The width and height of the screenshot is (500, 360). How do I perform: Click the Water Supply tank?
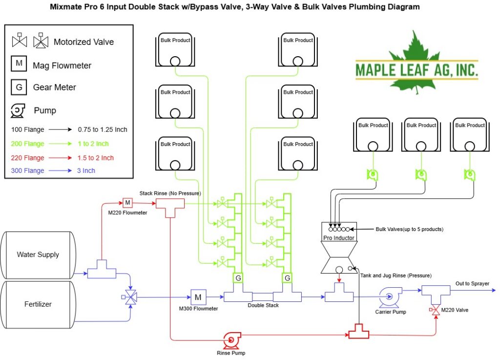(x=38, y=255)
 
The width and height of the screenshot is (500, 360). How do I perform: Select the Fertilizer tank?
(x=38, y=304)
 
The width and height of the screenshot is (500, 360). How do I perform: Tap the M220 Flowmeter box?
(x=127, y=203)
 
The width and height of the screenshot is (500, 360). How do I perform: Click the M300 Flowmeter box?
(x=198, y=297)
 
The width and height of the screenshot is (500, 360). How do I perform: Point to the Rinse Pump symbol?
(x=231, y=340)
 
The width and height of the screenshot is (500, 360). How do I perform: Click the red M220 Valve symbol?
(x=435, y=310)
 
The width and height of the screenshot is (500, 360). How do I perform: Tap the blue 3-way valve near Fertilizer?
(x=130, y=297)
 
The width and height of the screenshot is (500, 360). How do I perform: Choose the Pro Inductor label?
(x=339, y=238)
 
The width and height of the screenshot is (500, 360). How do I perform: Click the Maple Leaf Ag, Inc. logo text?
(x=417, y=70)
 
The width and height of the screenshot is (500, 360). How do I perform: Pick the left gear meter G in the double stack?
(x=238, y=278)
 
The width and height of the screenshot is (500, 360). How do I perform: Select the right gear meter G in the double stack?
(x=287, y=278)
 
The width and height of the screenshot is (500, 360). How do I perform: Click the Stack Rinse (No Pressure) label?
(x=170, y=193)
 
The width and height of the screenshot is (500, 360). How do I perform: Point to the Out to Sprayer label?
(x=472, y=283)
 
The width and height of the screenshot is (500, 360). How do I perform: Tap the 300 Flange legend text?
(x=28, y=170)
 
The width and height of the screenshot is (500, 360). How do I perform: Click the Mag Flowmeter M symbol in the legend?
(x=19, y=64)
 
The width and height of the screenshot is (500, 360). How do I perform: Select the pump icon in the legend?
(x=18, y=110)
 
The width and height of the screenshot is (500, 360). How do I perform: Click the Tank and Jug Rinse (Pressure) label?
(x=396, y=275)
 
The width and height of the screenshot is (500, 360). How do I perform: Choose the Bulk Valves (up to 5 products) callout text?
(x=410, y=229)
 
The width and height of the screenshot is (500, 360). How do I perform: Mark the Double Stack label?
(x=263, y=305)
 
